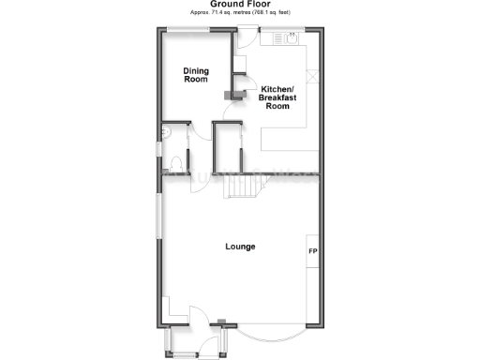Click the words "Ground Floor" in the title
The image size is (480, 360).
(239, 5)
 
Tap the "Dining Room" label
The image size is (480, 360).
(195, 74)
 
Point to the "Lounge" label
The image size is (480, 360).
(240, 247)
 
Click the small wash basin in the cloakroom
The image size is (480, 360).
(165, 133)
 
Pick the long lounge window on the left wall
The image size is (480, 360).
(157, 216)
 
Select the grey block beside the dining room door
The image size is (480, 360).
(228, 94)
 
